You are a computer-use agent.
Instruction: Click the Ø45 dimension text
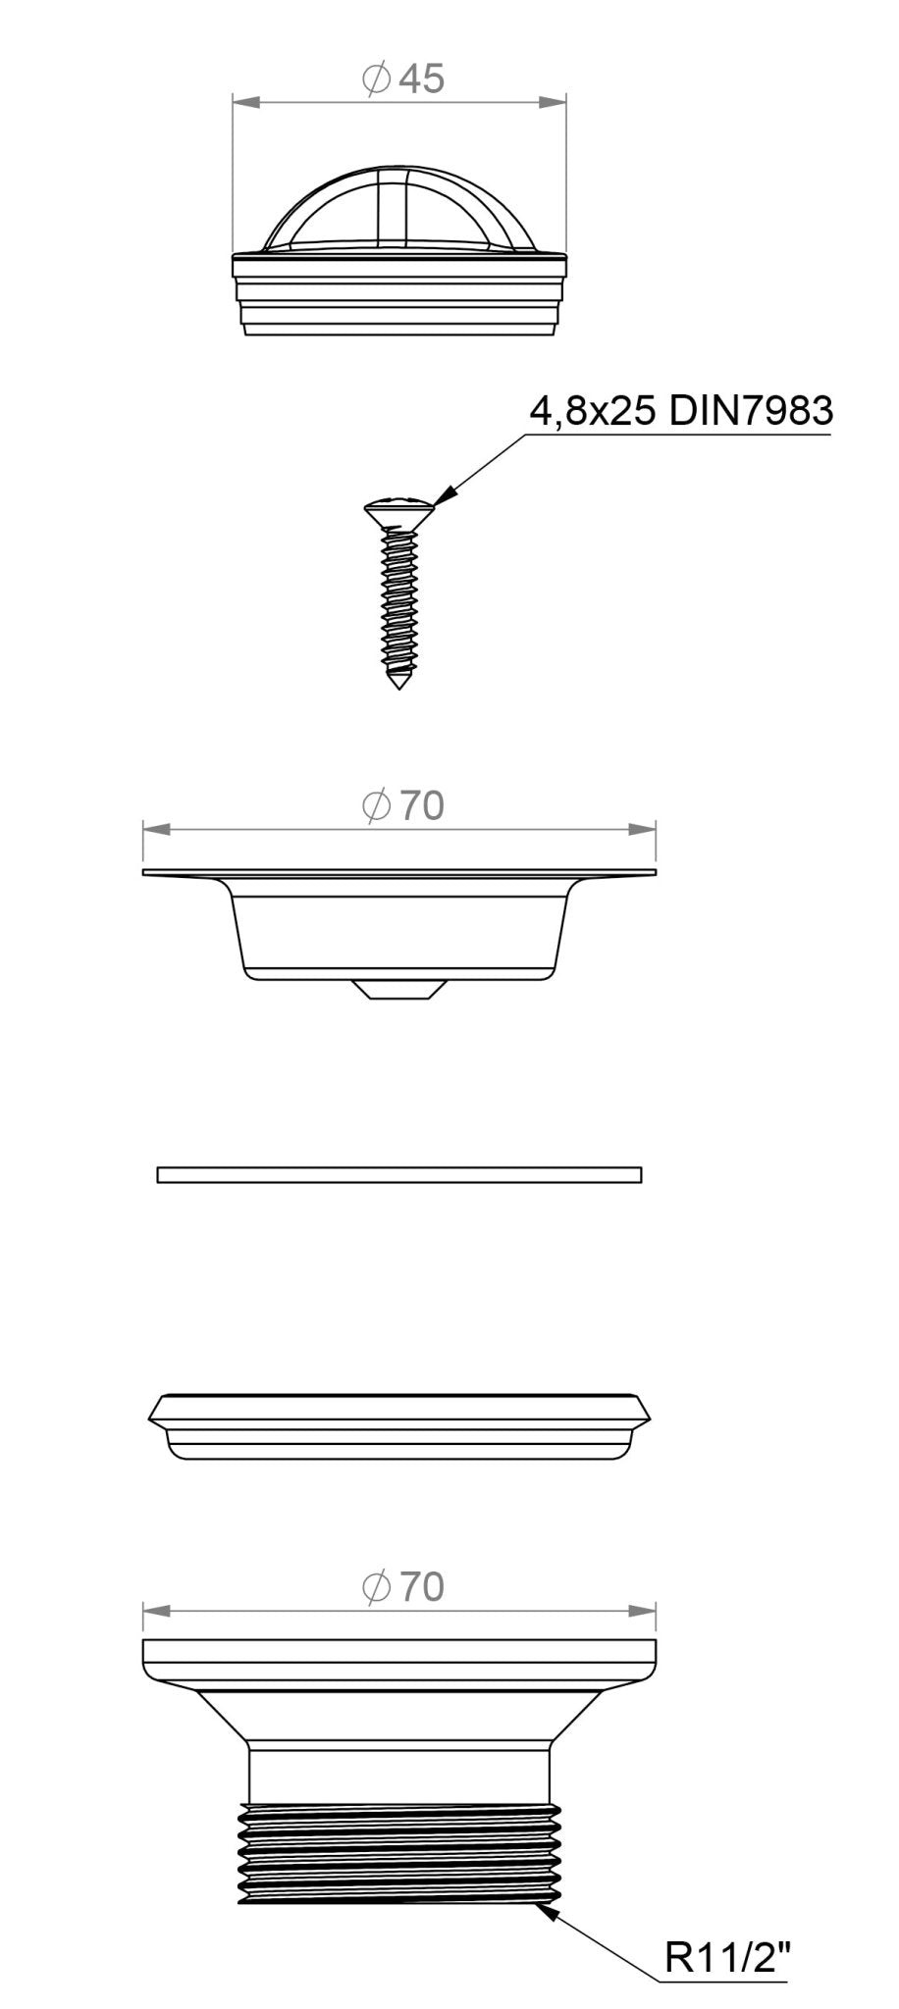402,79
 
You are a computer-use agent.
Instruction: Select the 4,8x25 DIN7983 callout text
681,411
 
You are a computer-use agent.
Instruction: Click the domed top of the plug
398,208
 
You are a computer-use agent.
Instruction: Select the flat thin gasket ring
399,1174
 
